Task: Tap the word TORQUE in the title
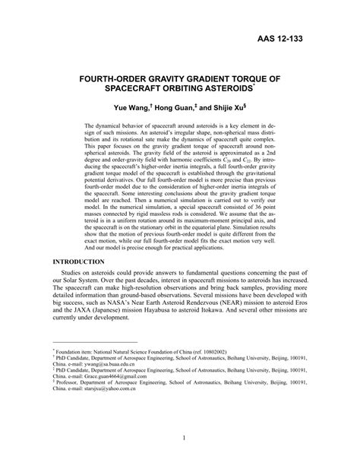tap(251, 78)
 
